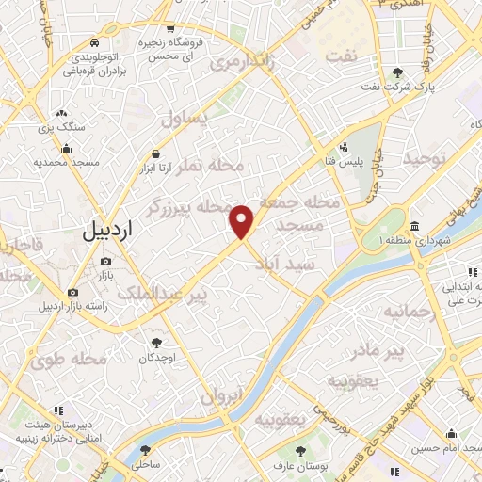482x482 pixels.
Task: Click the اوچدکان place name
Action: click(x=157, y=358)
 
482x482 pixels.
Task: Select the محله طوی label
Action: click(x=66, y=360)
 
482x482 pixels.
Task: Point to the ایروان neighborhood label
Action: click(x=222, y=396)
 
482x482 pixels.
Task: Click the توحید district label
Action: click(x=429, y=161)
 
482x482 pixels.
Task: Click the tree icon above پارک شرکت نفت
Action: click(x=399, y=72)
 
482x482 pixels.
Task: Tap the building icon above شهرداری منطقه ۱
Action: click(x=414, y=227)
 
